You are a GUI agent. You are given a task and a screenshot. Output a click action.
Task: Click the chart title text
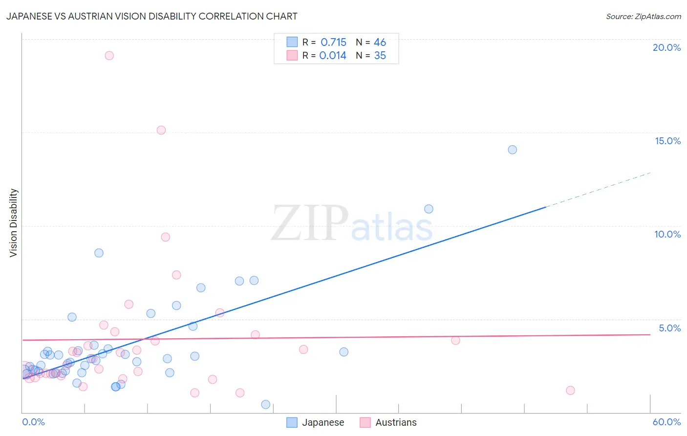coord(151,16)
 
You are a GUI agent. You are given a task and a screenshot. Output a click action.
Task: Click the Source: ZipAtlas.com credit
coord(643,16)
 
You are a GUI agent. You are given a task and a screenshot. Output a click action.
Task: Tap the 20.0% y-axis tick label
coord(666,47)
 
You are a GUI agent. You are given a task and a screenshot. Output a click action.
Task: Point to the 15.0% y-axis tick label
coord(667,141)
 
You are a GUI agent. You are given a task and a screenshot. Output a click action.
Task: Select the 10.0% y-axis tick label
coord(667,234)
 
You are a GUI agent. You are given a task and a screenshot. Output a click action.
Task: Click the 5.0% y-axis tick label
coord(669,328)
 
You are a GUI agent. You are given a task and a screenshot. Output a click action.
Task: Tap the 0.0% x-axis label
coord(33,422)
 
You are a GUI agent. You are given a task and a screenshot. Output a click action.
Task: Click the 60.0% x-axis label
coord(666,422)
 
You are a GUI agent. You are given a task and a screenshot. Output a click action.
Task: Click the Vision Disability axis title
coord(14,223)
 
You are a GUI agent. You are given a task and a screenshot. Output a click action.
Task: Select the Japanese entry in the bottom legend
coord(322,422)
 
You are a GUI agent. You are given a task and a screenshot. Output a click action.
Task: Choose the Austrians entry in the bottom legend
coord(396,422)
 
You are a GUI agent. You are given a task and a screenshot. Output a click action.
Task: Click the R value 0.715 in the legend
coord(333,43)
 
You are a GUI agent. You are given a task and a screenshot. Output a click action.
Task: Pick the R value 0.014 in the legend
coord(333,56)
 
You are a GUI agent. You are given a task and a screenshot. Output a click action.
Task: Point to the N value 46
coord(380,43)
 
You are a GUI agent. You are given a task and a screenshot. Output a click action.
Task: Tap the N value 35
coord(380,56)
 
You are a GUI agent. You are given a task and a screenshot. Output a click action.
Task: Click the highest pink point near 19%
coord(109,56)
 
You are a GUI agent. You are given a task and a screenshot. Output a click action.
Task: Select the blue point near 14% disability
coord(512,150)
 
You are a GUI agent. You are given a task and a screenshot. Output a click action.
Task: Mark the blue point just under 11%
coord(429,209)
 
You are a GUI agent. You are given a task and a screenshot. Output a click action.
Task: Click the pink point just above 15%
coord(161,130)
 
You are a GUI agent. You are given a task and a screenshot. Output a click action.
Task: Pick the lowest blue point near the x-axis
coord(266,404)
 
